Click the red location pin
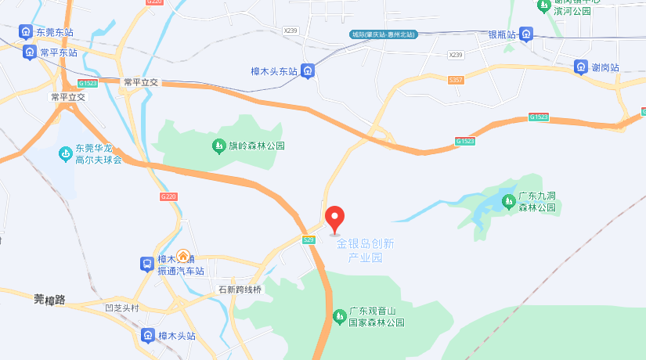coord(335,218)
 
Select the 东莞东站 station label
coord(55,33)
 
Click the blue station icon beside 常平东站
coord(30,52)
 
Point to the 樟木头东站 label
coord(274,71)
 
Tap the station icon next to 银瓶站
coord(526,34)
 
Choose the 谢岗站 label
coord(605,67)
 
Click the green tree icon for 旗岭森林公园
coord(218,146)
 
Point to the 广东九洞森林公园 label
coord(536,202)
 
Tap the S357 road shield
coord(456,80)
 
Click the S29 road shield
coord(309,239)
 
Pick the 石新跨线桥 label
coord(240,290)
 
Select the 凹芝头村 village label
coord(121,308)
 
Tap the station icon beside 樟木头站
coord(147,336)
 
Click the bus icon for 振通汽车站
coord(146,265)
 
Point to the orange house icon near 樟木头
coord(183,255)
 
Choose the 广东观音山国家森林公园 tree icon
coord(339,316)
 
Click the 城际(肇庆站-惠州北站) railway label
coord(383,34)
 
